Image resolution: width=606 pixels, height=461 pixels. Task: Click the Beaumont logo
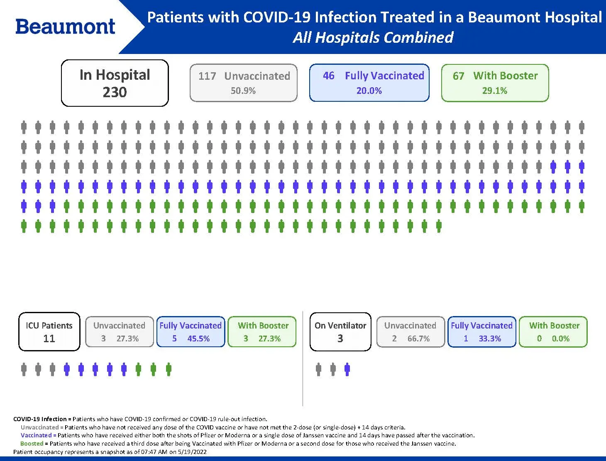(65, 27)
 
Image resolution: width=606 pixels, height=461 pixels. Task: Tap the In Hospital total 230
(115, 92)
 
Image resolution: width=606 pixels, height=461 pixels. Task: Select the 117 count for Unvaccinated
(207, 76)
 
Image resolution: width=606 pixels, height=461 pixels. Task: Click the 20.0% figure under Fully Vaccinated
(369, 91)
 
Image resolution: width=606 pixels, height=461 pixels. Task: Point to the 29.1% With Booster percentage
(494, 91)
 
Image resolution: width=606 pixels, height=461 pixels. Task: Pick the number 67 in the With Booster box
(458, 76)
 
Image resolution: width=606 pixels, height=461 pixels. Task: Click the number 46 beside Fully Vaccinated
(328, 76)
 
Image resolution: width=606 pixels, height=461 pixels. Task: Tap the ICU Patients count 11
(49, 338)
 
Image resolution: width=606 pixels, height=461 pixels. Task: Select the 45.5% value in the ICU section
(198, 338)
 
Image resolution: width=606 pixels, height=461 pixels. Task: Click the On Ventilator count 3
(340, 338)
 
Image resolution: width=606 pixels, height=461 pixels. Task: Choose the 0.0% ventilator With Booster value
(560, 338)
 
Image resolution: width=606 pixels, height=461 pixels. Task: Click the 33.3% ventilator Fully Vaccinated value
(490, 338)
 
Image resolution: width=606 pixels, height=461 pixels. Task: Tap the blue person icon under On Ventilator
(347, 369)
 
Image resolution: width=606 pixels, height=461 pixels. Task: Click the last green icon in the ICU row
(168, 369)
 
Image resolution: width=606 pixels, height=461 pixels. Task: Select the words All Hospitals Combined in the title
(373, 37)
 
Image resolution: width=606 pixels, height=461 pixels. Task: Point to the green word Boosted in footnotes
(32, 444)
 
